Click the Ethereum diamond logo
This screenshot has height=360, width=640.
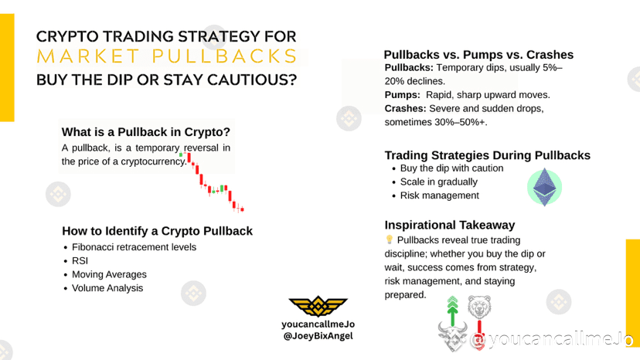coord(544,187)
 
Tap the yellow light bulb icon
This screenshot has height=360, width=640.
coord(389,239)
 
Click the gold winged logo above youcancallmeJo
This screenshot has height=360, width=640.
coord(318,306)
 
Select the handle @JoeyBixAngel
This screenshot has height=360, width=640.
coord(318,336)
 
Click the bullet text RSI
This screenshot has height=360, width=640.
coord(80,261)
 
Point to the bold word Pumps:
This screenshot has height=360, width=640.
coord(403,95)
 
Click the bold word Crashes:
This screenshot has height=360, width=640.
coord(405,109)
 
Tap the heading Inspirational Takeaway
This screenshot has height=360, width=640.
coord(450,225)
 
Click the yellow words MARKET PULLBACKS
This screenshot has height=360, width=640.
coord(167,56)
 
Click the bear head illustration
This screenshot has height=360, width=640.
coord(479,307)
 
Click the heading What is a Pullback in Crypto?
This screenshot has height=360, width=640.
coord(146,132)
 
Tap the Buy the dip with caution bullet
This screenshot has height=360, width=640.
coord(452,168)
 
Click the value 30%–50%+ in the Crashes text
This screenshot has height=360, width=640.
coord(461,122)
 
